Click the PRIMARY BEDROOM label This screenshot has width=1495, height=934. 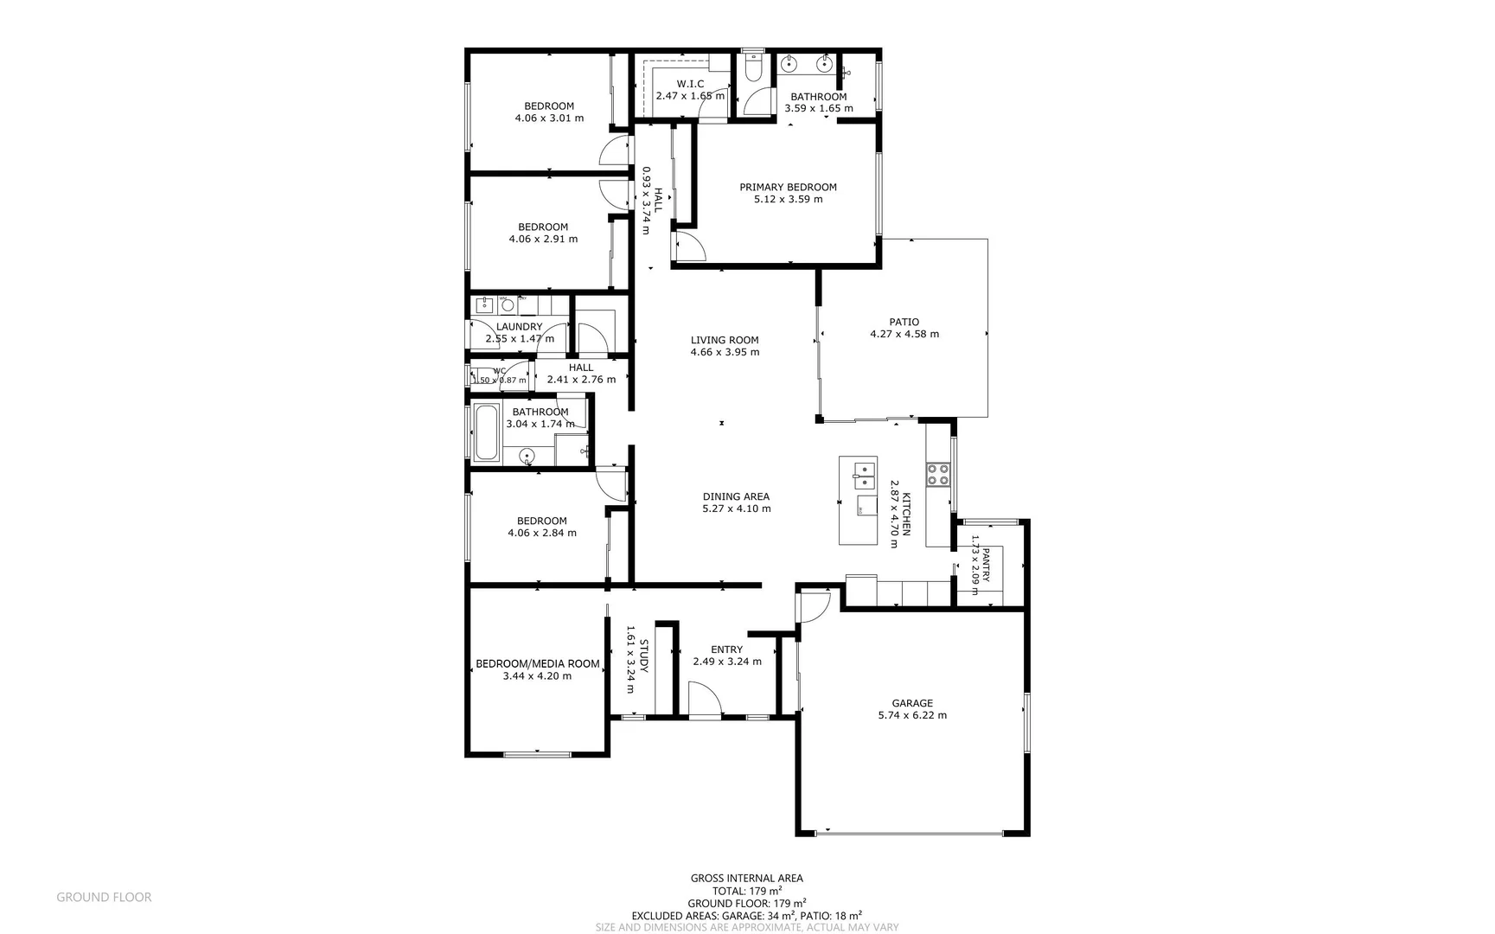click(x=788, y=187)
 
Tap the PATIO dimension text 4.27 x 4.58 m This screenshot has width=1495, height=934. click(x=904, y=334)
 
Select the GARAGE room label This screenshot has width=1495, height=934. click(x=912, y=703)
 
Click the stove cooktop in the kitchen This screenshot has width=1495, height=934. click(x=938, y=474)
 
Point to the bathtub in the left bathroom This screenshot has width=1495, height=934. click(x=487, y=432)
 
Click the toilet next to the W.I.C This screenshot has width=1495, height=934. click(x=753, y=68)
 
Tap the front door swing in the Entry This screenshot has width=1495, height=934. click(x=705, y=699)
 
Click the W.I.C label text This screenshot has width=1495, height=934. click(x=690, y=84)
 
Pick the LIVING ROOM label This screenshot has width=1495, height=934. click(x=725, y=340)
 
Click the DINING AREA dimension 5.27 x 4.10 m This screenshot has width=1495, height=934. click(x=736, y=509)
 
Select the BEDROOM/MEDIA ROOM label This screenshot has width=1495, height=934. click(x=537, y=664)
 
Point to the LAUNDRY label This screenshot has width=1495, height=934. click(x=520, y=327)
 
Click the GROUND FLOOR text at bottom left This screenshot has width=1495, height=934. click(x=104, y=898)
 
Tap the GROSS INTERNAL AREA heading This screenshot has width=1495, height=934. click(x=746, y=879)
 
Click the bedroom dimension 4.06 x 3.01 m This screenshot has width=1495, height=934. click(x=549, y=118)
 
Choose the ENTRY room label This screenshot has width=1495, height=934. click(x=726, y=649)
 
